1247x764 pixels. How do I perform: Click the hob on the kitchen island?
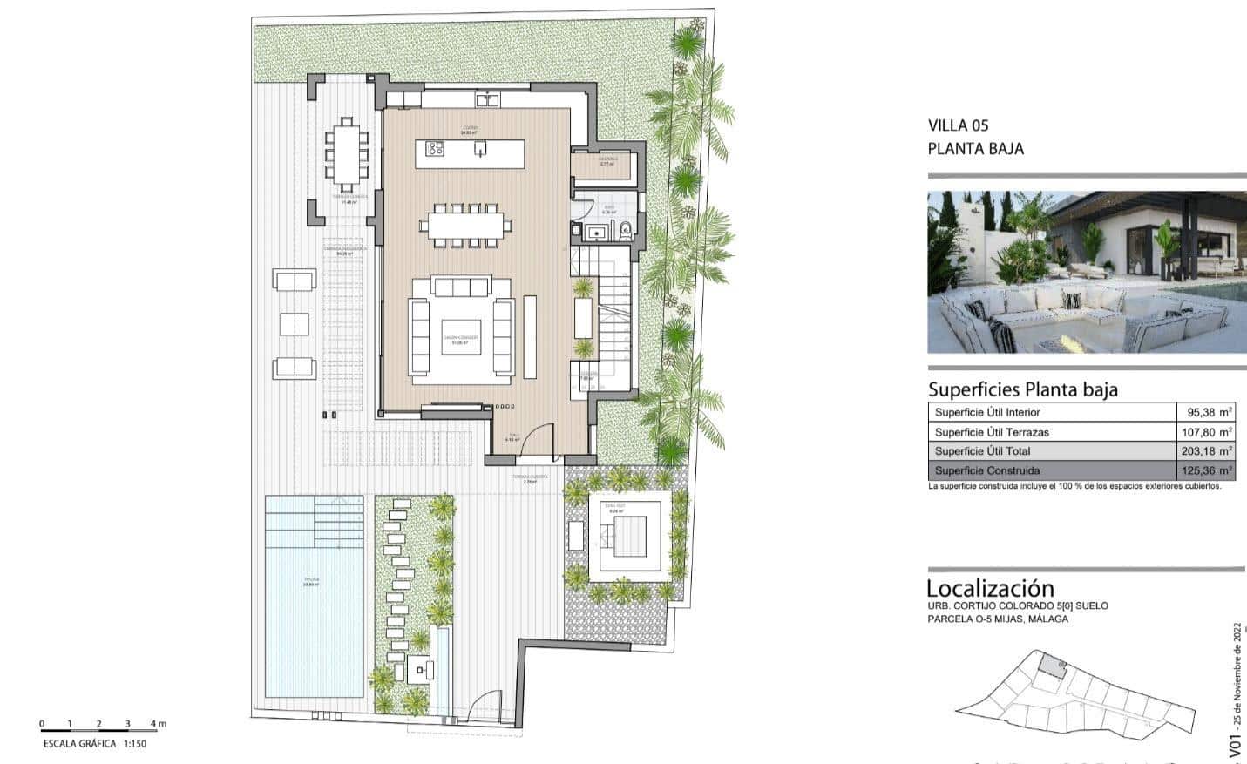pos(435,150)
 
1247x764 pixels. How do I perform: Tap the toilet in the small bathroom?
pos(626,231)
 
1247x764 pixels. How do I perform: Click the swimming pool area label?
pos(312,581)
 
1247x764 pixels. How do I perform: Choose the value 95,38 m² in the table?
pos(1210,412)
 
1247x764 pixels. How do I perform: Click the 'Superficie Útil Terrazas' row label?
pos(992,432)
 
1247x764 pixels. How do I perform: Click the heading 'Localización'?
pos(990,589)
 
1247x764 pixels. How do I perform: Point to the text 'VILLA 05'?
pos(959,126)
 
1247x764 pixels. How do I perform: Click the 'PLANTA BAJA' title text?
pos(975,149)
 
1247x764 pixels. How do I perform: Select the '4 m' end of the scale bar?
pos(157,724)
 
